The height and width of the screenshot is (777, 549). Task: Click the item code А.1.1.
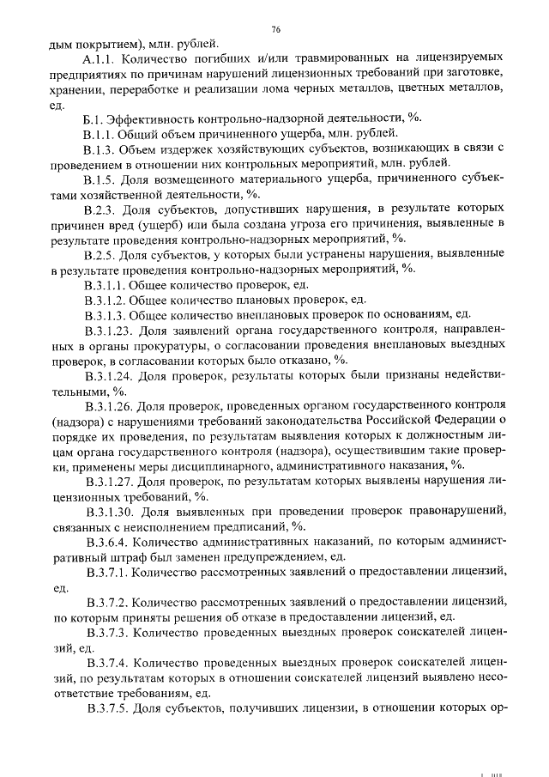[102, 59]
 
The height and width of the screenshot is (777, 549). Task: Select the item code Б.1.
[95, 118]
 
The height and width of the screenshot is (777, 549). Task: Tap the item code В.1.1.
[101, 133]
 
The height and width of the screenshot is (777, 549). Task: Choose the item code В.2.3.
[101, 209]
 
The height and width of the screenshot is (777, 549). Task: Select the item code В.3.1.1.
[106, 284]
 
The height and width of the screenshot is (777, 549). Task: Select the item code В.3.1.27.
[110, 481]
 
